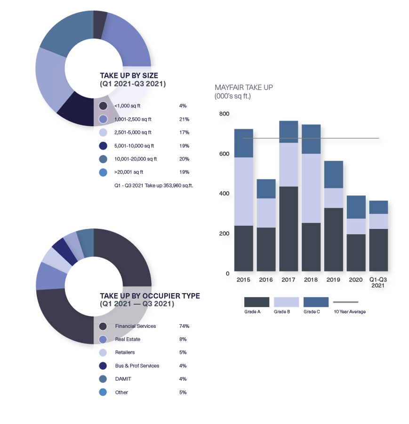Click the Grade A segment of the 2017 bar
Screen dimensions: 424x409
(x=289, y=229)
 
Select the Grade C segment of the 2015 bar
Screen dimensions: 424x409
(x=243, y=143)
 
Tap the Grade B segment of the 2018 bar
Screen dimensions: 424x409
(x=311, y=188)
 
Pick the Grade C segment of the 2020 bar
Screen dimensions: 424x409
(x=356, y=207)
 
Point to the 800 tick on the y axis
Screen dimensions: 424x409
(x=224, y=114)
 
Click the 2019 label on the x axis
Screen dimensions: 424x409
(x=333, y=280)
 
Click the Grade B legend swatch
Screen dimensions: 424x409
(x=286, y=302)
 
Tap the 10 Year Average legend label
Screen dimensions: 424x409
(x=349, y=312)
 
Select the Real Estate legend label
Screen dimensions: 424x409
(x=128, y=339)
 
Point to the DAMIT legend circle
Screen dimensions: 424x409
(x=103, y=379)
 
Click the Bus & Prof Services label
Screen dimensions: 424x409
(x=137, y=366)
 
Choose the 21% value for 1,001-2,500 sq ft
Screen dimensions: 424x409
(x=184, y=119)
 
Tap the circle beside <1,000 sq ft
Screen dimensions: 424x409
(x=103, y=106)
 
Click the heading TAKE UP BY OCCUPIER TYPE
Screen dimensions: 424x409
(x=150, y=296)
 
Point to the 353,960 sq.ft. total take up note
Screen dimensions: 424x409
(x=154, y=186)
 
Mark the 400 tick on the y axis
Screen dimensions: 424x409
(x=224, y=194)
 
